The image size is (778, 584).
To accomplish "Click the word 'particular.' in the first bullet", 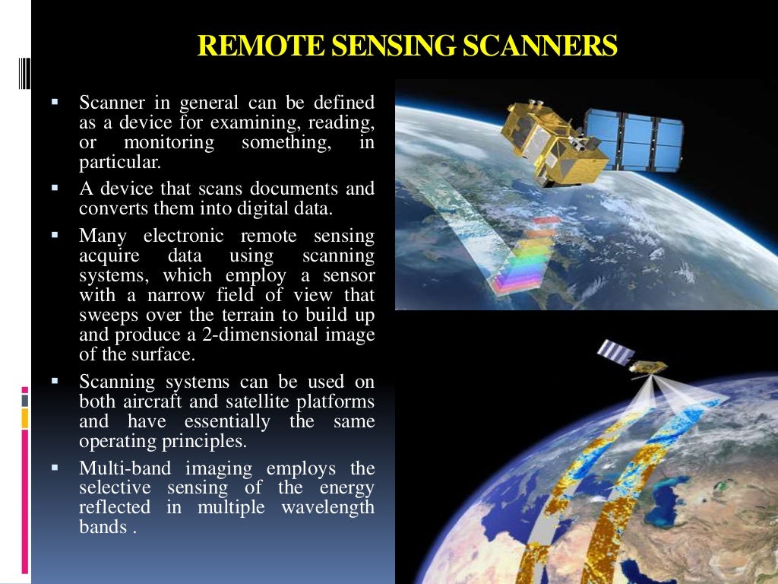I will pyautogui.click(x=120, y=162).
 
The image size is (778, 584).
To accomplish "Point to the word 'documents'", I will pyautogui.click(x=300, y=189).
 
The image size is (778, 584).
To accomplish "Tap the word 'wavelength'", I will pyautogui.click(x=327, y=508).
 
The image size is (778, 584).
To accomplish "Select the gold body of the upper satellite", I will pyautogui.click(x=558, y=144).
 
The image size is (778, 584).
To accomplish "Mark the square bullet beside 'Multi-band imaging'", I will pyautogui.click(x=55, y=467).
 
